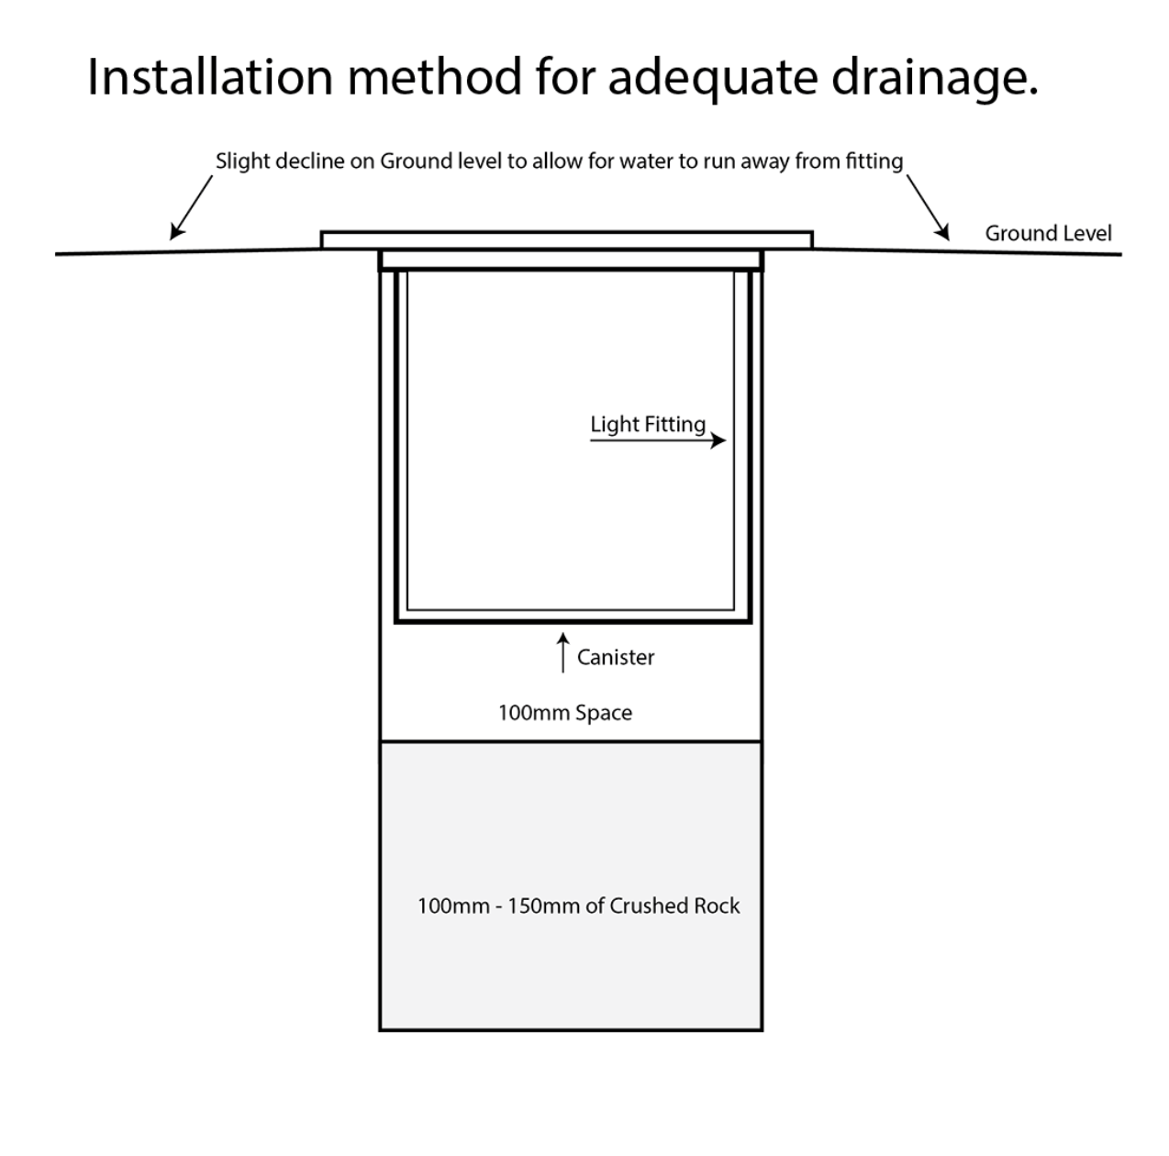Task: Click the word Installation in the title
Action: tap(210, 77)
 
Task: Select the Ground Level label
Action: tap(1048, 233)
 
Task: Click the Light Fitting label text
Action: tap(648, 424)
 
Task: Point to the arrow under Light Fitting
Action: tap(658, 440)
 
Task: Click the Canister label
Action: tap(615, 657)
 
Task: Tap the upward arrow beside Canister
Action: tap(563, 652)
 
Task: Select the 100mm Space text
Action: tap(565, 713)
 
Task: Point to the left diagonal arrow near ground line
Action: tap(191, 207)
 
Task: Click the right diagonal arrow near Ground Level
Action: tap(929, 207)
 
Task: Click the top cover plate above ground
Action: tap(566, 239)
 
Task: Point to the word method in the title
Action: tap(434, 77)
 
